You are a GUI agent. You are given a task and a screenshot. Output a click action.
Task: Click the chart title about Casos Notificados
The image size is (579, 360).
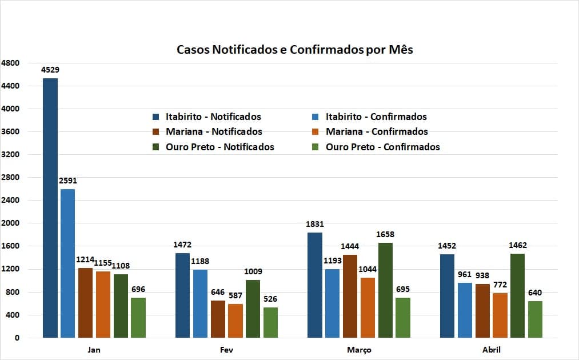tap(295, 50)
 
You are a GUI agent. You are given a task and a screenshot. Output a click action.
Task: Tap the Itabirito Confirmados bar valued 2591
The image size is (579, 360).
tap(67, 263)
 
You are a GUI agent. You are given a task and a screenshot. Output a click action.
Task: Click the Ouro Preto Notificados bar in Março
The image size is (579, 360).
tap(385, 290)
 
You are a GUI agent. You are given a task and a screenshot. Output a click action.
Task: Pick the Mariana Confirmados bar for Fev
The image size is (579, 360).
tap(235, 321)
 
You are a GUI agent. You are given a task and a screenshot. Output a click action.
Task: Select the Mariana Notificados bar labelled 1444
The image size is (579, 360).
tap(350, 296)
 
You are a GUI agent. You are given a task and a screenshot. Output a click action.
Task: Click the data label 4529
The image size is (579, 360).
tap(50, 70)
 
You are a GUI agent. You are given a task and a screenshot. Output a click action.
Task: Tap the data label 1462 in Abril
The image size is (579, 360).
tap(517, 246)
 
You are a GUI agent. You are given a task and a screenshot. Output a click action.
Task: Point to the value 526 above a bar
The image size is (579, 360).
tap(270, 299)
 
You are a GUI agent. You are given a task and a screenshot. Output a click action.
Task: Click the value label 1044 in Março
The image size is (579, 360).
tap(368, 269)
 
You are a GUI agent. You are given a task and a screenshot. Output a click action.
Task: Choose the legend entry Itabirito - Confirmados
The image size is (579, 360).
tap(376, 117)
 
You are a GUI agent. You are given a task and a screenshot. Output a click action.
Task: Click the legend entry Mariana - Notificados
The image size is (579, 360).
tap(214, 131)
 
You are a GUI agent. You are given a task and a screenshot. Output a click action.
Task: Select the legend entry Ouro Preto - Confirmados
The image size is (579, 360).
tap(382, 147)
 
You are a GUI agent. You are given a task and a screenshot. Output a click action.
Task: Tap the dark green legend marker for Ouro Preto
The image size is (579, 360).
tap(155, 147)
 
